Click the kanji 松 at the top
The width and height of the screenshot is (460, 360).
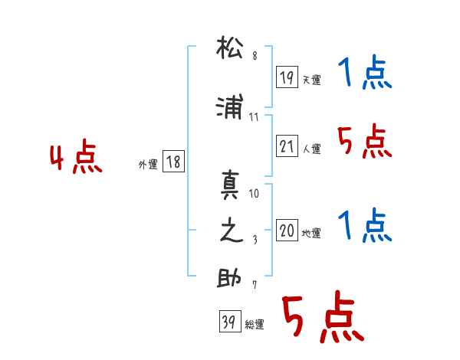point(230,47)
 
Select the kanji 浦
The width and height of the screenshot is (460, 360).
point(230,106)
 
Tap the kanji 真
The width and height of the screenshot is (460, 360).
point(230,185)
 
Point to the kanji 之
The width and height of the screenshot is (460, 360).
point(232,230)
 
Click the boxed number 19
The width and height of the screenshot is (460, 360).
point(287,77)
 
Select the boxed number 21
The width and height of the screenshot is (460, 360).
point(287,146)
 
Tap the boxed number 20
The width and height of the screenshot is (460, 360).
point(287,230)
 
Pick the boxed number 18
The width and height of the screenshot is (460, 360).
point(173,161)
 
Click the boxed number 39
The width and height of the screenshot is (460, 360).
point(230,321)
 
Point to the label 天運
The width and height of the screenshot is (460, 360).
point(312,80)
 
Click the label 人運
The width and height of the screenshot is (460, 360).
point(312,149)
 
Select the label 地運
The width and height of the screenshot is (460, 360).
point(311,234)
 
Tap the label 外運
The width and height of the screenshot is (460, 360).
point(148,165)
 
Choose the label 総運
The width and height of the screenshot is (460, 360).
point(255,325)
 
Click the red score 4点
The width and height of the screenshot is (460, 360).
point(76,156)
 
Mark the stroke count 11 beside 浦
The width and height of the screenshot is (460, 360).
point(254,117)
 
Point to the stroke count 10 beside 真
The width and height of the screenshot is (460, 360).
point(254,194)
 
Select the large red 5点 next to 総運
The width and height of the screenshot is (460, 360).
point(323,316)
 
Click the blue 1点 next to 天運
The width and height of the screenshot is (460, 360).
point(365,72)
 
